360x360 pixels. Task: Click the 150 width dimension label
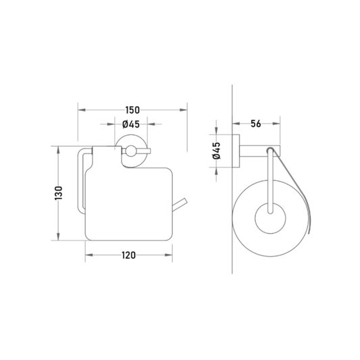132,110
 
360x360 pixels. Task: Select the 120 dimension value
128,255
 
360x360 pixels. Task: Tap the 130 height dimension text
59,193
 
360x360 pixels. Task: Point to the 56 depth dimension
256,124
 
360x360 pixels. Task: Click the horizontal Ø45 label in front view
131,124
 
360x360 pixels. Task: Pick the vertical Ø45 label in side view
217,151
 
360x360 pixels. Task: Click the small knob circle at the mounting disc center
131,151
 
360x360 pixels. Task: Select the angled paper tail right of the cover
180,205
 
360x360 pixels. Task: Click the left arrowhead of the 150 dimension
82,110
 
